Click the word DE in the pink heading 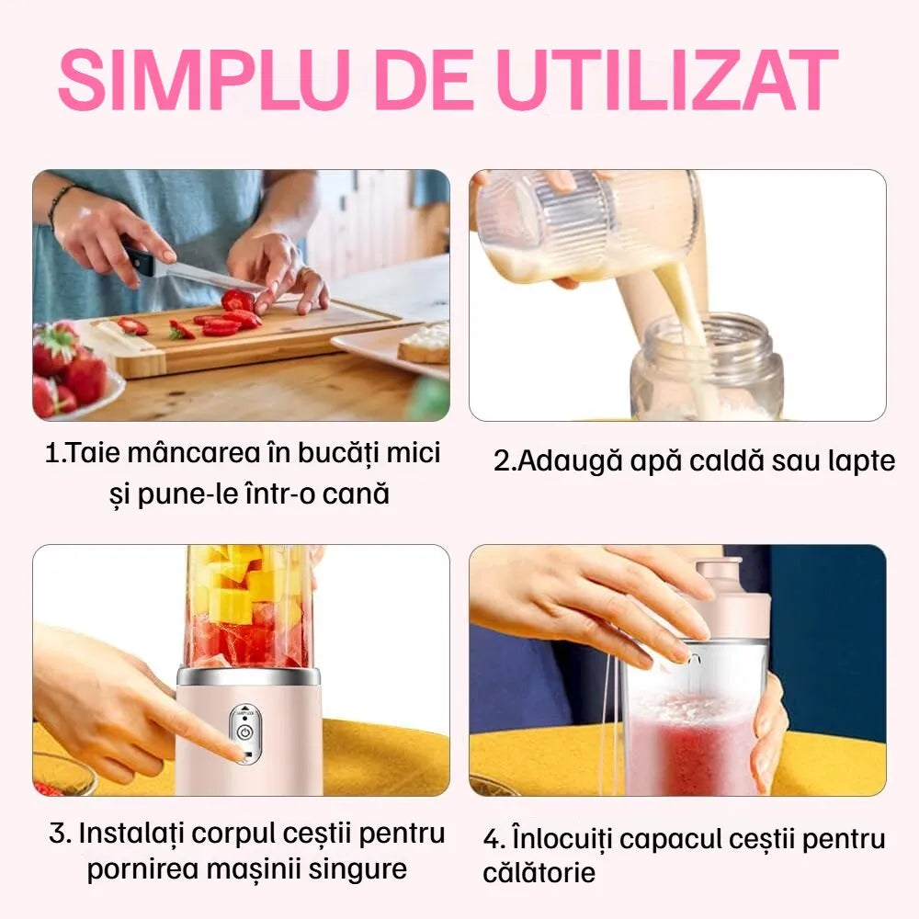click(x=425, y=80)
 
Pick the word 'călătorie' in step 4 click(x=539, y=873)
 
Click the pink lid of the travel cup click(x=727, y=599)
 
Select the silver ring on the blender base click(x=248, y=675)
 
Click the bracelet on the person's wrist click(x=59, y=204)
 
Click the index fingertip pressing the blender click(x=240, y=758)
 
